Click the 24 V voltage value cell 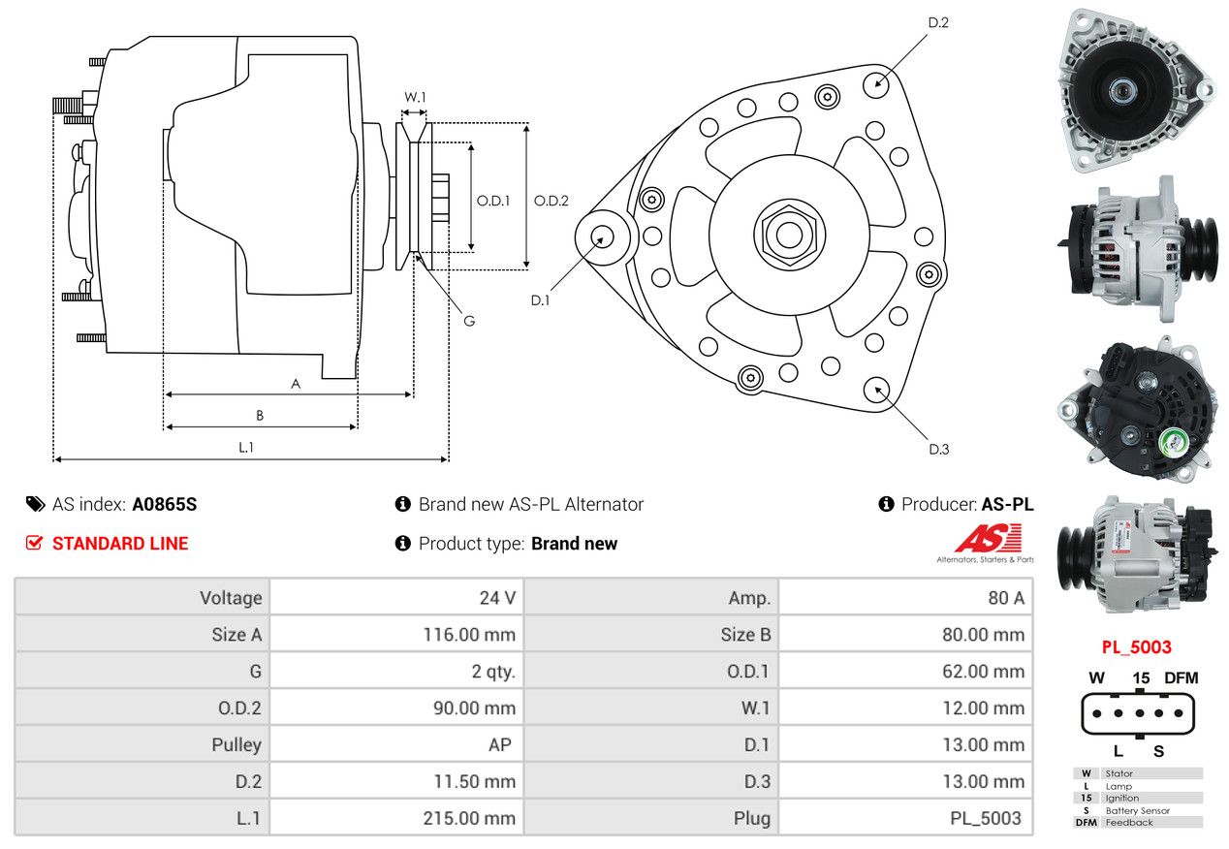click(497, 597)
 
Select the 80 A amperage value click(1006, 597)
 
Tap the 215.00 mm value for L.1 click(469, 818)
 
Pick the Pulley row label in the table click(236, 744)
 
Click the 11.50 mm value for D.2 click(475, 781)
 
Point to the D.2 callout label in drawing click(938, 22)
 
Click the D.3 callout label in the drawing click(939, 449)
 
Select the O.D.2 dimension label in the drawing click(551, 201)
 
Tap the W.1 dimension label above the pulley click(415, 97)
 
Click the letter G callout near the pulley click(469, 321)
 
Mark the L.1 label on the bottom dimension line click(246, 448)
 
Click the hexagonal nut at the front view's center click(789, 235)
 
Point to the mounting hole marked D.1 click(602, 238)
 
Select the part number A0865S click(164, 504)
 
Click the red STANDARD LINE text click(120, 543)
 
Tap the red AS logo click(988, 539)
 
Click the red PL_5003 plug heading click(1136, 647)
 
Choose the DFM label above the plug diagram click(1182, 677)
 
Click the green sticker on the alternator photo click(1174, 442)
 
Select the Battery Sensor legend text click(1137, 810)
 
